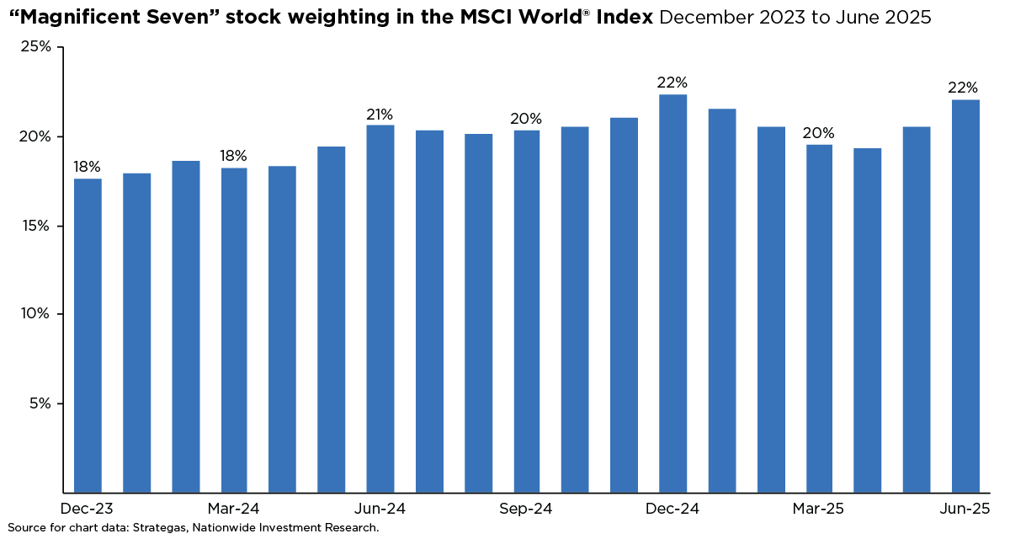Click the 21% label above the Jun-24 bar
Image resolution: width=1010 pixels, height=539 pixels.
coord(380,115)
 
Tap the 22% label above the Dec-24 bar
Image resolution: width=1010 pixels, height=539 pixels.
coord(672,83)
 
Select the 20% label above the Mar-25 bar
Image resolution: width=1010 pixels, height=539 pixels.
coord(819,133)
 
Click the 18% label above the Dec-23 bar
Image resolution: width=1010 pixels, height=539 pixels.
coord(88,167)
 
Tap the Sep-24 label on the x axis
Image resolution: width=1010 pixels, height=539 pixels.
coord(525,509)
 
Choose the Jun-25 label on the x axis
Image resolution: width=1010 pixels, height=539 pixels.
coord(965,509)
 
